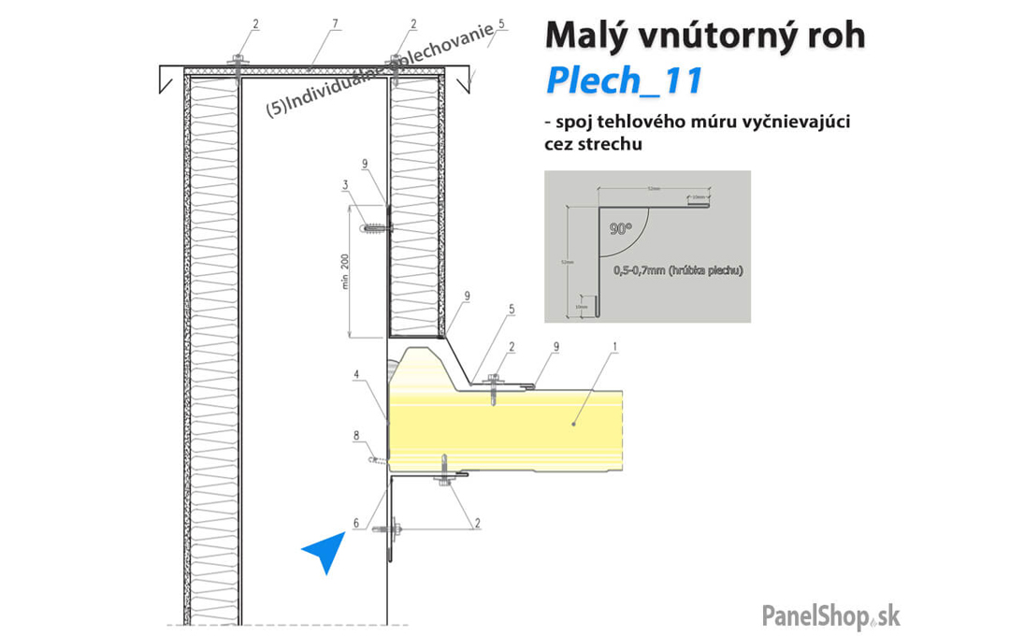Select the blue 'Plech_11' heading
(x=623, y=81)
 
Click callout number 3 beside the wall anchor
(x=346, y=184)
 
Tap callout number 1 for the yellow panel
(x=614, y=346)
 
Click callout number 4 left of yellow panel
(x=356, y=376)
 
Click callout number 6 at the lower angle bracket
(x=356, y=523)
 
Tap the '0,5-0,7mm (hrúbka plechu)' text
(x=678, y=270)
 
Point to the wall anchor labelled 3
(x=376, y=228)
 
